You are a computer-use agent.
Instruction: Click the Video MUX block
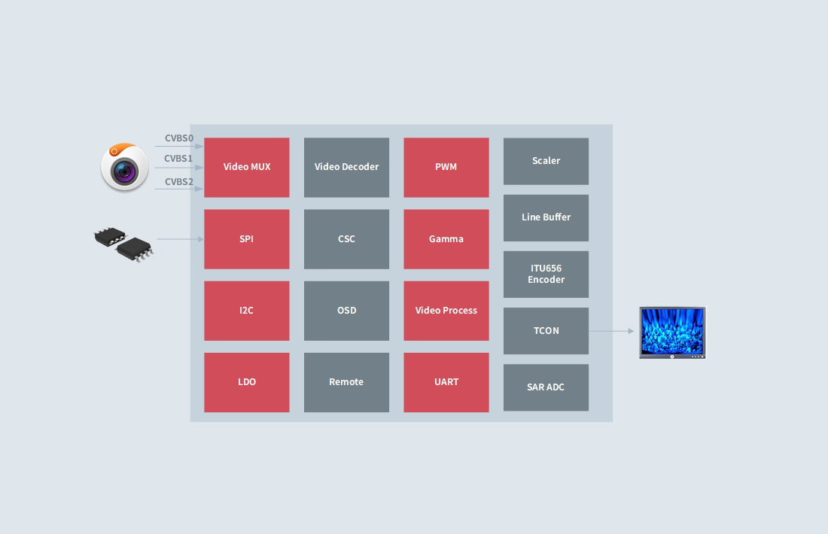click(247, 167)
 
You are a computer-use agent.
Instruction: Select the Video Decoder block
click(346, 167)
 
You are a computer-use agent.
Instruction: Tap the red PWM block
click(446, 167)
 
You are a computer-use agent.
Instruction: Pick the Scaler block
click(546, 161)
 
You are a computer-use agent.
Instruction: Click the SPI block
click(247, 239)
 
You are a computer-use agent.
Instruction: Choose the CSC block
click(346, 239)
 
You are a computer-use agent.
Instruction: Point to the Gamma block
click(446, 239)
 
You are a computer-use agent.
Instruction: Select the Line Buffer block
click(546, 217)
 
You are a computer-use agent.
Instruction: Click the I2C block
click(247, 311)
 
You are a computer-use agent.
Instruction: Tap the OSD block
click(346, 311)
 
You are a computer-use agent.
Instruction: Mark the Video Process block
click(446, 311)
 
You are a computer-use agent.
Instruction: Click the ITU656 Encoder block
click(546, 274)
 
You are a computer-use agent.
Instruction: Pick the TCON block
click(546, 331)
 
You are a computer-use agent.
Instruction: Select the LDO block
click(247, 382)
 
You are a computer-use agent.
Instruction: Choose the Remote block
click(346, 382)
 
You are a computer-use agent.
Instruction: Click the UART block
click(446, 382)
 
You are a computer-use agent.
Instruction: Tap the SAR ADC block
click(546, 387)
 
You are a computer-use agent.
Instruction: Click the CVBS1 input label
click(178, 159)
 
